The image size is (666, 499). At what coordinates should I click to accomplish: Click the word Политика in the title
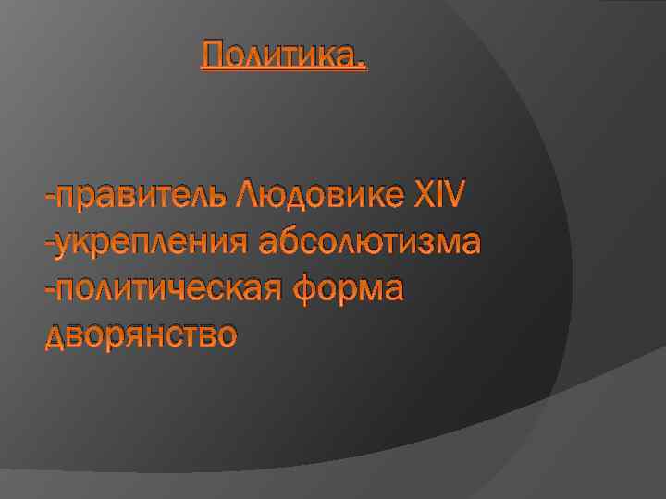pyautogui.click(x=280, y=57)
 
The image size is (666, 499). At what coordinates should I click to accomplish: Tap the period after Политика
pyautogui.click(x=363, y=67)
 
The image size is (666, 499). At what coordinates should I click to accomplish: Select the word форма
pyautogui.click(x=349, y=289)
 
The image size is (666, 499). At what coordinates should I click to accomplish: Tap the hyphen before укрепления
pyautogui.click(x=49, y=244)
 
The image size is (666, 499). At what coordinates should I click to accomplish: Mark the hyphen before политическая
pyautogui.click(x=49, y=290)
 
